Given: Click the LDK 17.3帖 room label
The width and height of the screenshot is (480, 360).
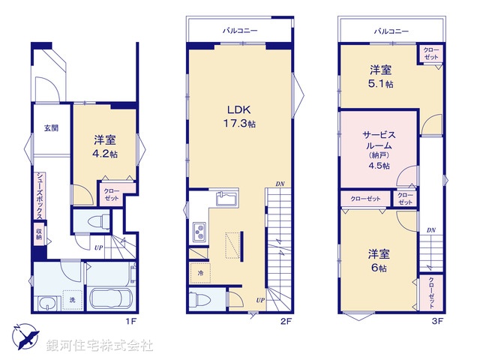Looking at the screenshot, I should click(x=238, y=115).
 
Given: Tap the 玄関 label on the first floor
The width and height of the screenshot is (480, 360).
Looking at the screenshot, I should click(x=50, y=127).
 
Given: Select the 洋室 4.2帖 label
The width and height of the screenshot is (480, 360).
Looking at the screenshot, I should click(x=105, y=147).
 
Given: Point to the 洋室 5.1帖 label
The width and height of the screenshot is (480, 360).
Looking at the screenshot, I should click(x=379, y=76).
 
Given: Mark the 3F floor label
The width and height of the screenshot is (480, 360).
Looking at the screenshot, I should click(x=437, y=322).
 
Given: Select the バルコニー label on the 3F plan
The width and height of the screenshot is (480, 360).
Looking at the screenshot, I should click(x=391, y=31).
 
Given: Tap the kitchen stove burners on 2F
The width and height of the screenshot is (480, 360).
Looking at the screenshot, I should click(x=200, y=232).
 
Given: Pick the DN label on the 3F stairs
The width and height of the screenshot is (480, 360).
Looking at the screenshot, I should click(x=431, y=230).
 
